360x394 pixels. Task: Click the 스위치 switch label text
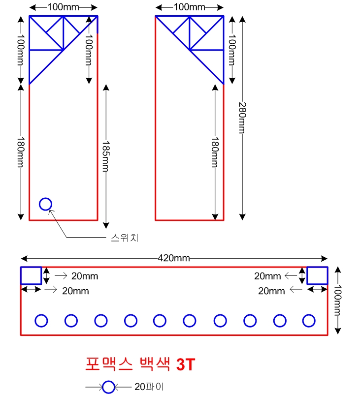tap(125, 238)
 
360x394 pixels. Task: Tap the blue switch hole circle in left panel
tap(45, 198)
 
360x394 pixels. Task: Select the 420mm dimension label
tap(173, 258)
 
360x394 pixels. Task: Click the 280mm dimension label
tap(242, 118)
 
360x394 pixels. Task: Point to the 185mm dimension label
tap(106, 156)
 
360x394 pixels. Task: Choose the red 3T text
tap(186, 364)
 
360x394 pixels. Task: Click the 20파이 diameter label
tap(149, 387)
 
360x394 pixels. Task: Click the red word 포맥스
tap(109, 364)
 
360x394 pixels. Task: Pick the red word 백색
tap(155, 364)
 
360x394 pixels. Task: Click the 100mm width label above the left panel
tap(63, 7)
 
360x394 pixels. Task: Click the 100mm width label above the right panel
tap(190, 7)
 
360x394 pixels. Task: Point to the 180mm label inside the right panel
tap(215, 152)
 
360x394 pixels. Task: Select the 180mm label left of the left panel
tap(21, 152)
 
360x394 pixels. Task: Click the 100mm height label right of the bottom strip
tap(338, 300)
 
